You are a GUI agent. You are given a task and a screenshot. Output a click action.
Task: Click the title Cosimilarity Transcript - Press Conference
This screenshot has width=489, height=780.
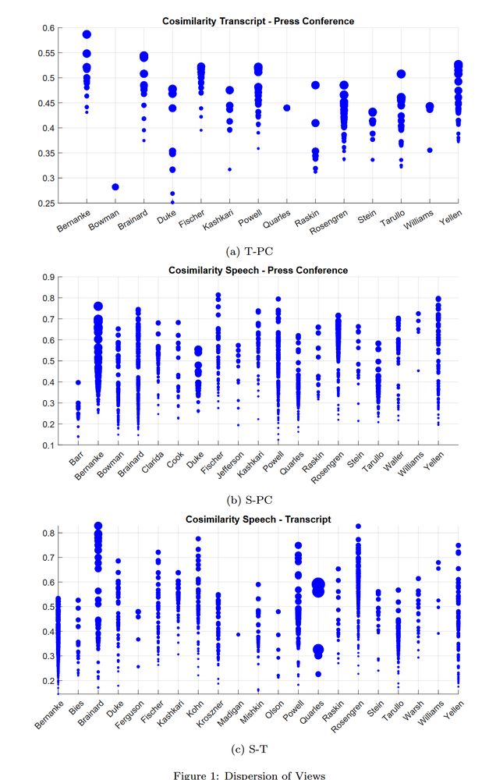(258, 21)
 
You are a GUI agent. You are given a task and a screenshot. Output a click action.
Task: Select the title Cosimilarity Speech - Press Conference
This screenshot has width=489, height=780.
(258, 270)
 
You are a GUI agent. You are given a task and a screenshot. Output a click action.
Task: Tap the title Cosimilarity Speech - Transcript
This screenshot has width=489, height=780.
(257, 519)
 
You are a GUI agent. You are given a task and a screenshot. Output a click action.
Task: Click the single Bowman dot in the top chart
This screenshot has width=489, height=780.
(115, 187)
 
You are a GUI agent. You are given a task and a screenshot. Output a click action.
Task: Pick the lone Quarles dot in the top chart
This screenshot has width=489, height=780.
(287, 108)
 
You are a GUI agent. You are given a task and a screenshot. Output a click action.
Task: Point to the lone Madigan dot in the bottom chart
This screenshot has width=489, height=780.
(238, 634)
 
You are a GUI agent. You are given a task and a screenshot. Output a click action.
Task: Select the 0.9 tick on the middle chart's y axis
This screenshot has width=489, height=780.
(49, 277)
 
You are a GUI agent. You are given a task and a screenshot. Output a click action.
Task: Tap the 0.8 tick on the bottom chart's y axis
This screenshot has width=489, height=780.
(49, 533)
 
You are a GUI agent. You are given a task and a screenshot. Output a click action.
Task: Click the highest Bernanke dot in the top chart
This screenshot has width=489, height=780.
(87, 35)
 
